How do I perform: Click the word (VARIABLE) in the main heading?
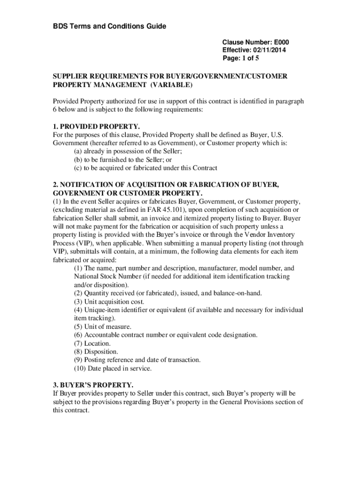pyautogui.click(x=171, y=85)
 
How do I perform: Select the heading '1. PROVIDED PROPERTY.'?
pyautogui.click(x=96, y=127)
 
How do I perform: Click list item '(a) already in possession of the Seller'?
pyautogui.click(x=128, y=152)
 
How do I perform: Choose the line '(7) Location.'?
pyautogui.click(x=92, y=343)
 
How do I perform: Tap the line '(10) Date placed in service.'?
pyautogui.click(x=113, y=368)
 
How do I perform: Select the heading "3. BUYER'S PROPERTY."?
pyautogui.click(x=93, y=385)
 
